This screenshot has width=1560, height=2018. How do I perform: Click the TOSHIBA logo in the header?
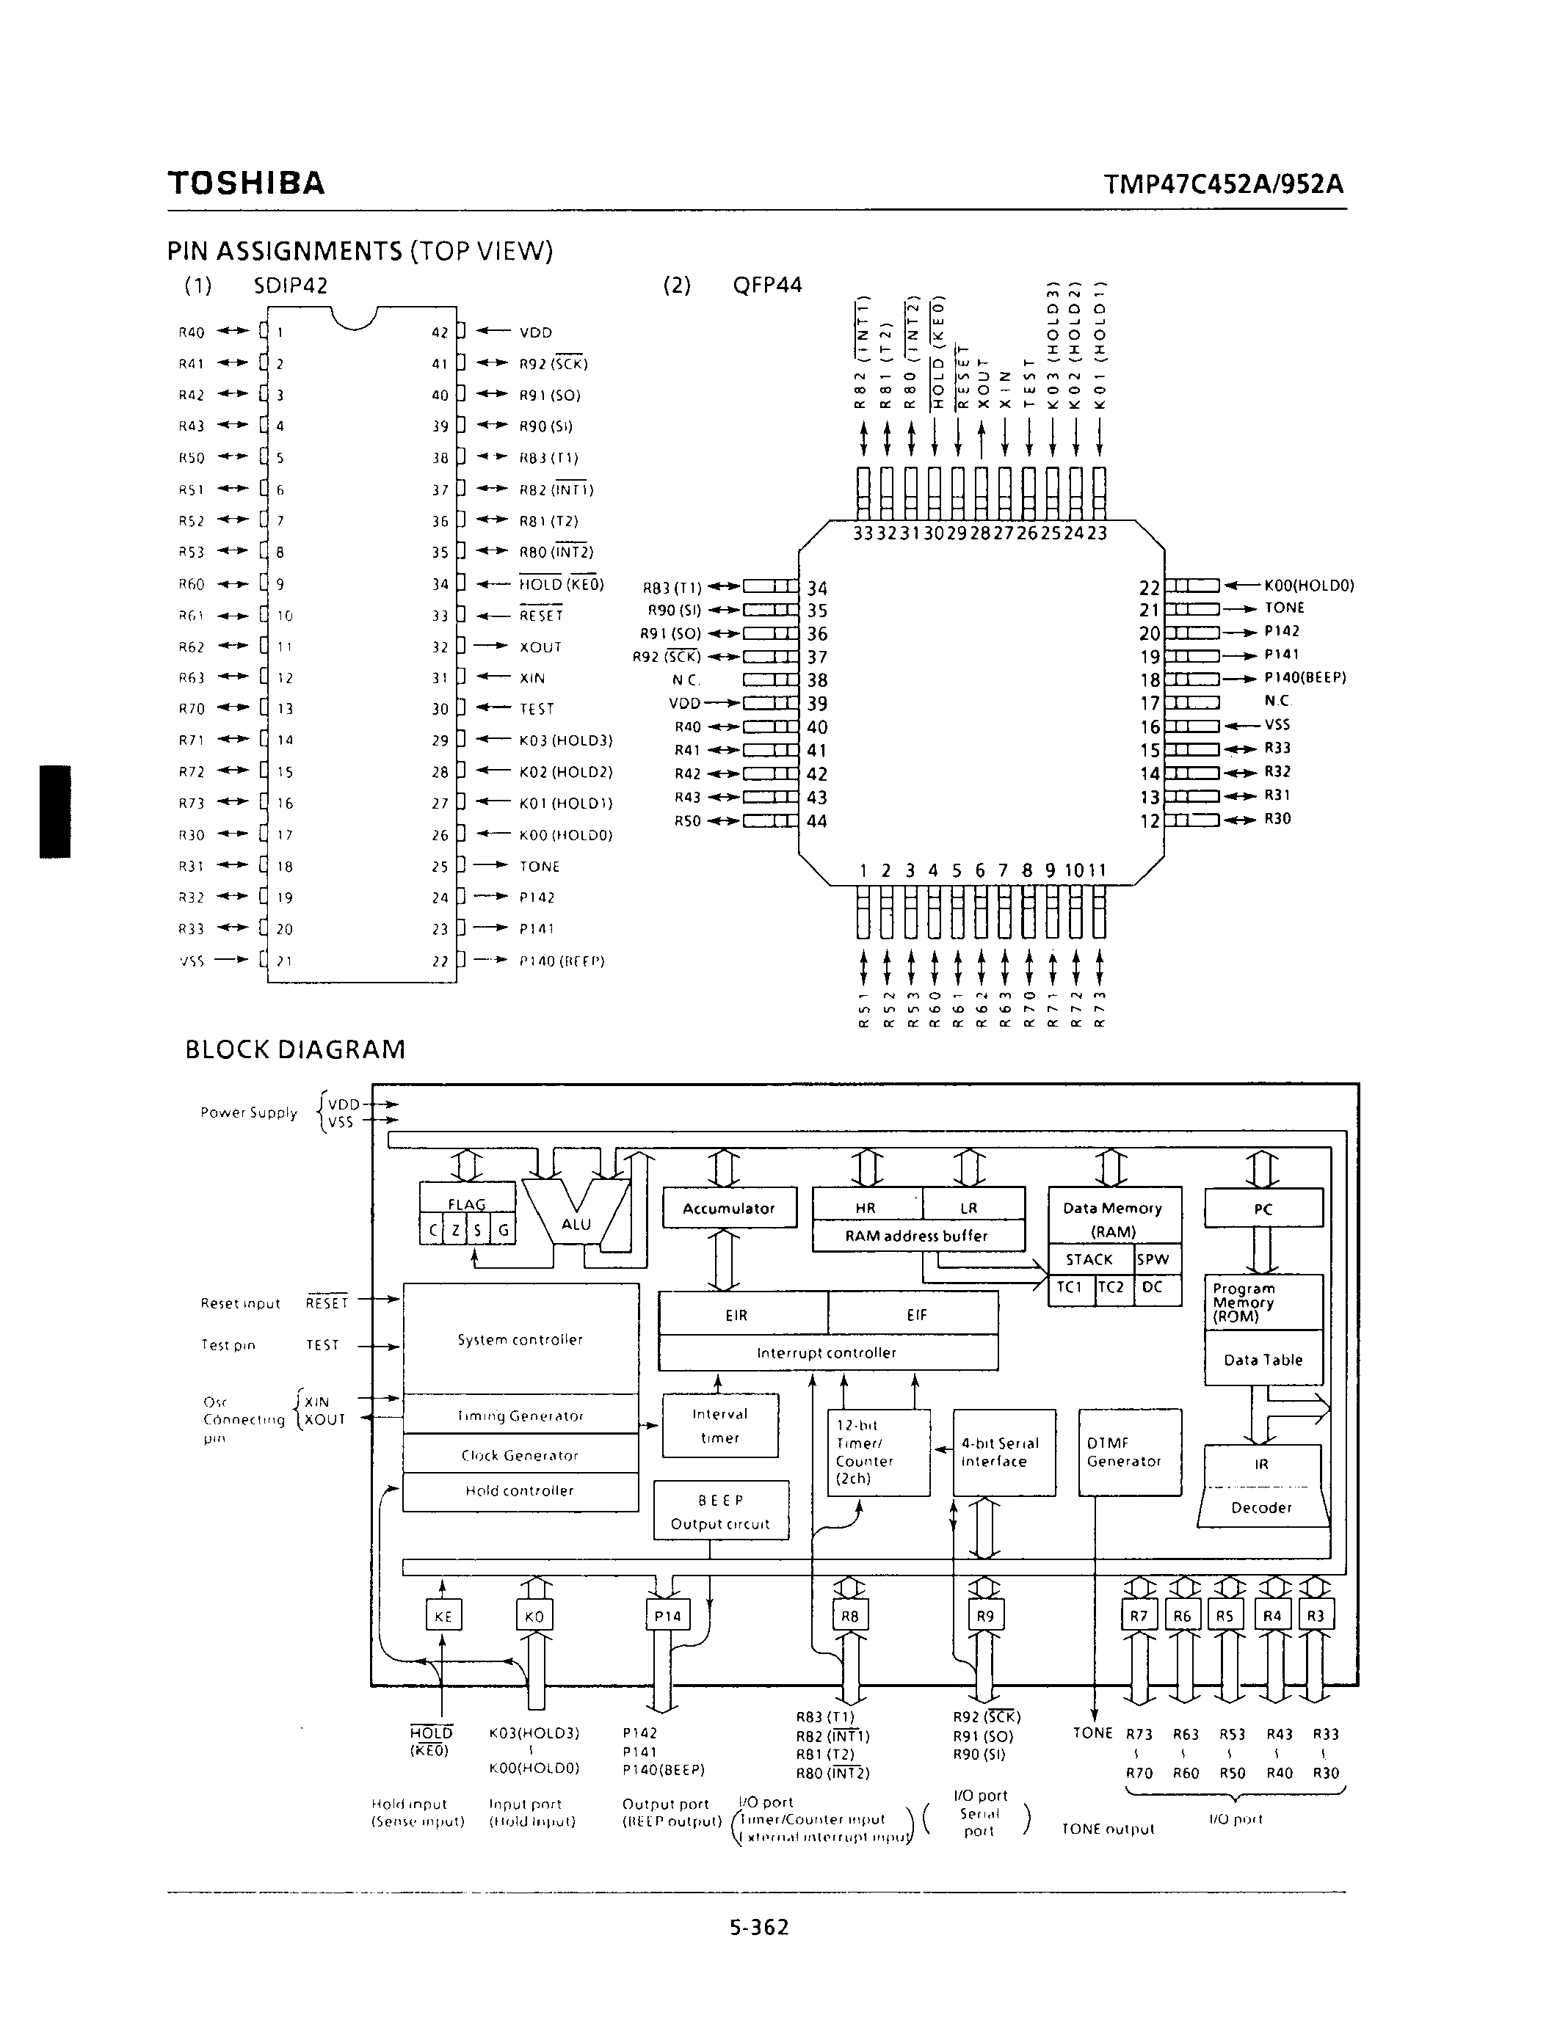tap(246, 183)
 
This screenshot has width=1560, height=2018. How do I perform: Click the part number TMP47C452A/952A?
tap(1224, 185)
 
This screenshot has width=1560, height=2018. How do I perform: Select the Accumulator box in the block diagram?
tap(729, 1208)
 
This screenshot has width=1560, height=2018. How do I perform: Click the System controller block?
tap(520, 1339)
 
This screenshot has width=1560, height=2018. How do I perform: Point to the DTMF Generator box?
tap(1129, 1451)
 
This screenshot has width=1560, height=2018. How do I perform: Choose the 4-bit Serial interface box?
tap(1004, 1451)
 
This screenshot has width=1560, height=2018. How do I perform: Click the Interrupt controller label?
tap(827, 1352)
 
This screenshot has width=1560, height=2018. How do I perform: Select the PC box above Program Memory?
tap(1263, 1209)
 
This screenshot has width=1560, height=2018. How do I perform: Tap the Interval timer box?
tap(720, 1426)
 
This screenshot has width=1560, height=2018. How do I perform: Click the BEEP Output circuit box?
tap(721, 1512)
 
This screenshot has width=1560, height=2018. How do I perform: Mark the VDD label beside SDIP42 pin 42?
tap(535, 332)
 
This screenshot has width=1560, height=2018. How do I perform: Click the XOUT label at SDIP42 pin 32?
tap(540, 646)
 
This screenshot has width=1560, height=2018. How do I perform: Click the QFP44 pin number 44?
tap(817, 820)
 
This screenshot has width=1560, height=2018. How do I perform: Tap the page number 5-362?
tap(759, 1926)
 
